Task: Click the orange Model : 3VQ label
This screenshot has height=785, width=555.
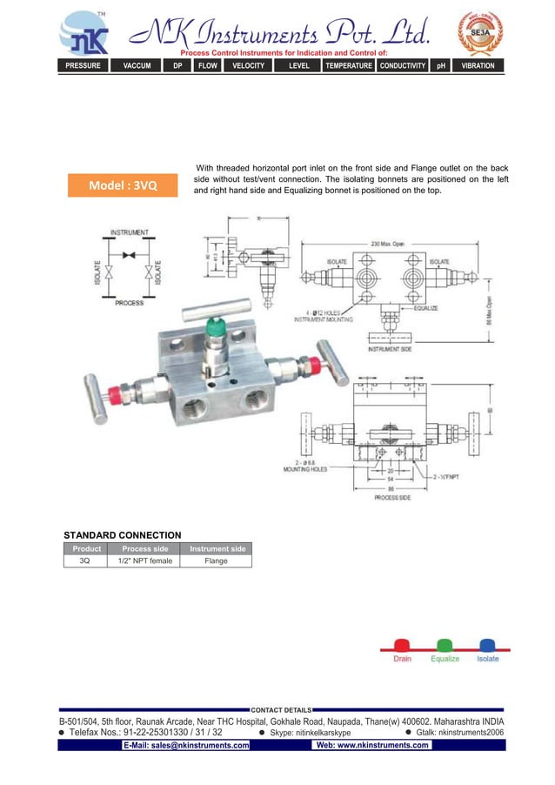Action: (x=123, y=185)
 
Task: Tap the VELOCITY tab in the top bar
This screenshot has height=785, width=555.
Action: (x=248, y=65)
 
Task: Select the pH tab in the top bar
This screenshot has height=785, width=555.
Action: (x=441, y=65)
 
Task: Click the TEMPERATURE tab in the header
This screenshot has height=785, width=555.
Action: (x=348, y=65)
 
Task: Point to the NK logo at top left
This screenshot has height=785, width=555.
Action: (x=84, y=35)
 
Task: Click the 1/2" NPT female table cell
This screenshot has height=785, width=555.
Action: (x=144, y=561)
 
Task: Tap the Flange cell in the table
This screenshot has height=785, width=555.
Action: (x=216, y=561)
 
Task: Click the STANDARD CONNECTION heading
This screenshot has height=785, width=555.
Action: (x=123, y=534)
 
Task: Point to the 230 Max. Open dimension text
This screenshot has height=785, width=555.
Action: (x=387, y=245)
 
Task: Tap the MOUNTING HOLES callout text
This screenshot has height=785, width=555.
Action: (x=305, y=469)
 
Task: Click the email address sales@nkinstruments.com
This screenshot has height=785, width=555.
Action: (x=186, y=746)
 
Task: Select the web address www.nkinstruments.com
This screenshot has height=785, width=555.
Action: (x=373, y=746)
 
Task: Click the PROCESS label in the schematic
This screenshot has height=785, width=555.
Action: (x=129, y=303)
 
